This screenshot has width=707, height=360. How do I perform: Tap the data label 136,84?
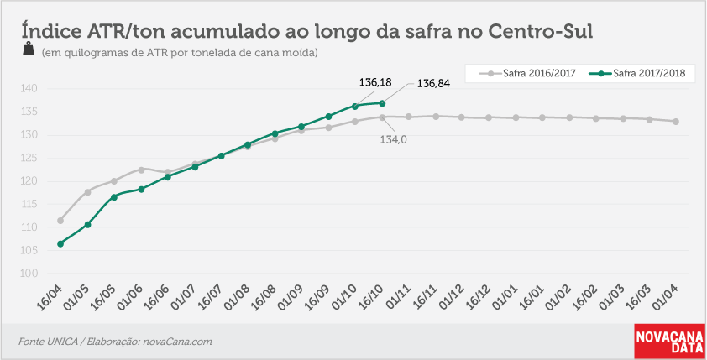coord(433,83)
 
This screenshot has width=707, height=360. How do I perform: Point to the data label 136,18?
coord(375,82)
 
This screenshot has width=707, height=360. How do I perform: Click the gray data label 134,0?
coord(393,139)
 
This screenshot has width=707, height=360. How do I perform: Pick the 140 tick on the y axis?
coord(29,88)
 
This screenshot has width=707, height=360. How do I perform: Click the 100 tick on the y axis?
coord(29,274)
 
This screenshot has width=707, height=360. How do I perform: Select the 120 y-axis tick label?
coord(29,181)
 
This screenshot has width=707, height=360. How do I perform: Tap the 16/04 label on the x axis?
coord(50,297)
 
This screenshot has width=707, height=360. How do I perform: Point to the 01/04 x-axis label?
coord(665,297)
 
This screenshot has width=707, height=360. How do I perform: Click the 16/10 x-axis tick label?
coord(371,297)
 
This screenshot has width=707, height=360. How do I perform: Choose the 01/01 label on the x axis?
coord(505,297)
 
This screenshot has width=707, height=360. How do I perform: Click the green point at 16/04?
coord(60,243)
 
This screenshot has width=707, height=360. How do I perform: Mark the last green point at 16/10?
coord(382,103)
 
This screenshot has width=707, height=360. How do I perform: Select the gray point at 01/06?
coord(141,170)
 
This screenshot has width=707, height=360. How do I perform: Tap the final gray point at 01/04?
coord(676,122)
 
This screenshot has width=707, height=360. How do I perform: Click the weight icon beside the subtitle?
coord(29,49)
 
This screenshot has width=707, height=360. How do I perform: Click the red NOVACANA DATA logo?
coord(669,341)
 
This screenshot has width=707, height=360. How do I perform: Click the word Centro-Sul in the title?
coord(541,32)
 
